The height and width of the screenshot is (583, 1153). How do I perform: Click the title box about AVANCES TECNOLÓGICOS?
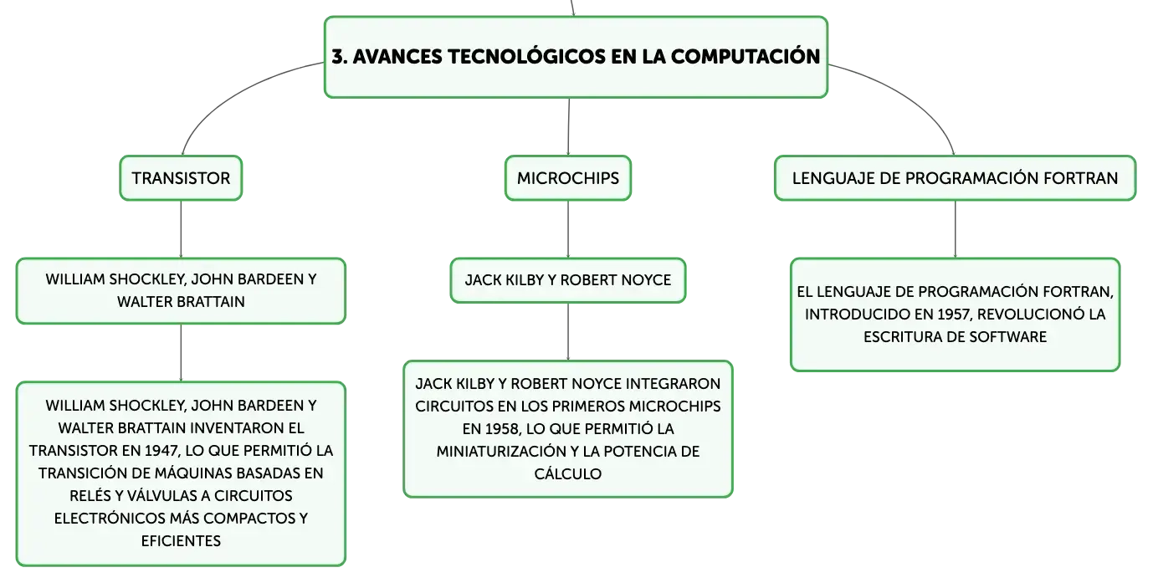[x=576, y=57]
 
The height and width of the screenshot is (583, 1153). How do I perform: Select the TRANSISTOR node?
[x=181, y=178]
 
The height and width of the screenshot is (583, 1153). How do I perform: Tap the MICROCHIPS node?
[x=568, y=178]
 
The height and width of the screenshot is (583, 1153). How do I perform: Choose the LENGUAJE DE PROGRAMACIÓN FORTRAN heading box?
[x=955, y=178]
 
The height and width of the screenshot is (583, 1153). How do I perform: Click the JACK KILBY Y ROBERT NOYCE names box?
[x=568, y=280]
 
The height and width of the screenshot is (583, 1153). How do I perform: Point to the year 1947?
[x=161, y=451]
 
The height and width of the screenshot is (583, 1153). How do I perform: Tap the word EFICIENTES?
[x=181, y=541]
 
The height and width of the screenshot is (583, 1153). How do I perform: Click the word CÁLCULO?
[x=568, y=474]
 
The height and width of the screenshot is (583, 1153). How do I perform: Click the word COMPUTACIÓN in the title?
[x=746, y=56]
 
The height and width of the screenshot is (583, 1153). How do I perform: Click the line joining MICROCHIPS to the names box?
[x=568, y=229]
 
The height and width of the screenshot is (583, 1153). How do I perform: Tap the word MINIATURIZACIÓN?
[x=500, y=452]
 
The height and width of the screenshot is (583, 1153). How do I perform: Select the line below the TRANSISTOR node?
[x=181, y=229]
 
